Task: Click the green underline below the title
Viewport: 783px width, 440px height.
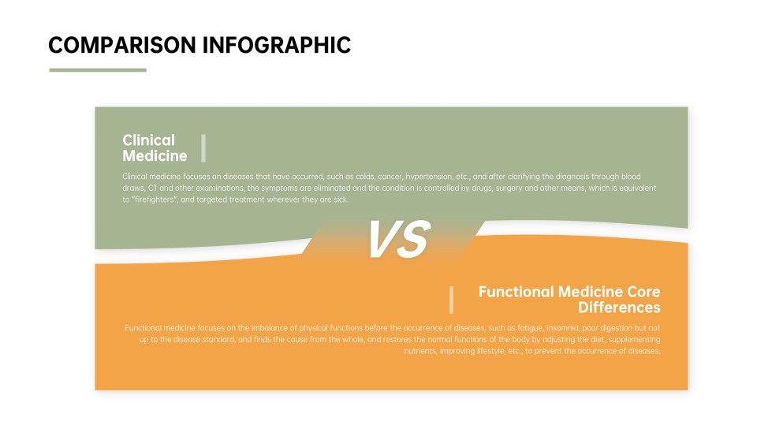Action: click(98, 70)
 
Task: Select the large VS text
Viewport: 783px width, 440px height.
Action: click(398, 240)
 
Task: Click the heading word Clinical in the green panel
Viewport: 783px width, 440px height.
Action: click(148, 140)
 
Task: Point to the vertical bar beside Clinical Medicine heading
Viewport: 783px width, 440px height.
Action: click(203, 147)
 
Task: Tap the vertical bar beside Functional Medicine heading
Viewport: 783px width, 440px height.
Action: click(451, 300)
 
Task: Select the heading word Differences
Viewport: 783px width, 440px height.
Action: click(619, 308)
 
